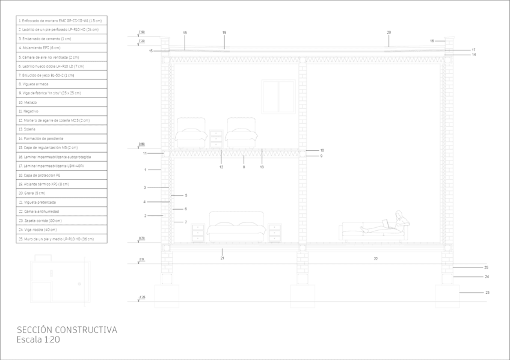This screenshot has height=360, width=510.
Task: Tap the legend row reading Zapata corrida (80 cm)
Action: [x=40, y=221]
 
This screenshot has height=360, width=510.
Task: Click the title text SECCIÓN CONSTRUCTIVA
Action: [x=67, y=330]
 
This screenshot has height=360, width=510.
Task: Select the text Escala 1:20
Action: [x=38, y=340]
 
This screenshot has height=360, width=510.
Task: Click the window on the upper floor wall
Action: [x=278, y=97]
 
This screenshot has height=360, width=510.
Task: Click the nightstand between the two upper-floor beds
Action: [x=217, y=139]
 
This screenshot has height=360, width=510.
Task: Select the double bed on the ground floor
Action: [x=236, y=226]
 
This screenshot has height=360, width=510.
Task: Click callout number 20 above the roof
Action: [x=389, y=32]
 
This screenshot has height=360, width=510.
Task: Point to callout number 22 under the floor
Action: [x=375, y=258]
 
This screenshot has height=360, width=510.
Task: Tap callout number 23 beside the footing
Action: [x=487, y=293]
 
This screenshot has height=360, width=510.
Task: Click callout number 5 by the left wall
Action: [x=186, y=195]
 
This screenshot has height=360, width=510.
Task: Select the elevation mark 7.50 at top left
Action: [x=141, y=32]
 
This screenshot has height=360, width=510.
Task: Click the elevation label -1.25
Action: [x=141, y=297]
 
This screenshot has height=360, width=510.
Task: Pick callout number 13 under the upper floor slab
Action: [x=262, y=166]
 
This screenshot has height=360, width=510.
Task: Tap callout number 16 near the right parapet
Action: [x=432, y=41]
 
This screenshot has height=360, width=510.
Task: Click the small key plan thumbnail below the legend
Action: [x=53, y=278]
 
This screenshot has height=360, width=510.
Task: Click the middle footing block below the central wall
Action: [x=303, y=296]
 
